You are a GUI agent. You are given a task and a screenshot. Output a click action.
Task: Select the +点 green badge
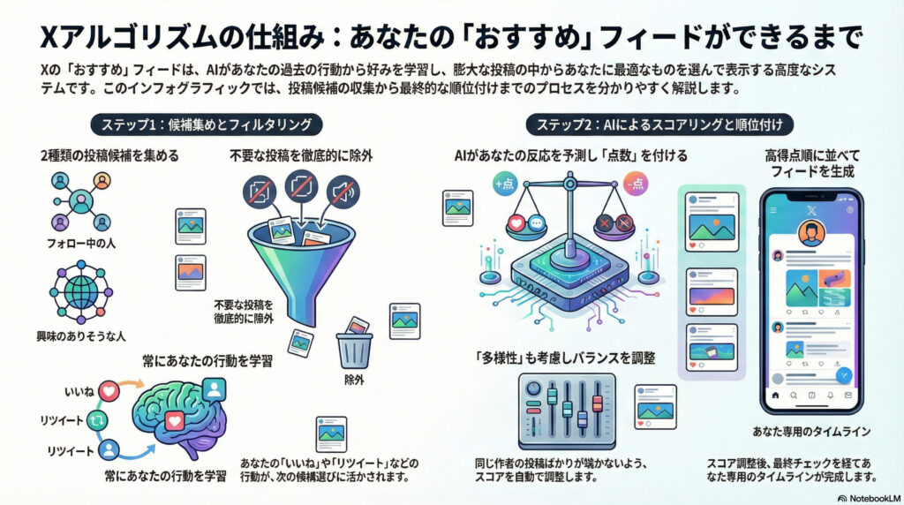507,184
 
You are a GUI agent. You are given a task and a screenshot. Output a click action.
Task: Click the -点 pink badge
635,184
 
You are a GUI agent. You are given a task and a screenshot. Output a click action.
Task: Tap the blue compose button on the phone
843,374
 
